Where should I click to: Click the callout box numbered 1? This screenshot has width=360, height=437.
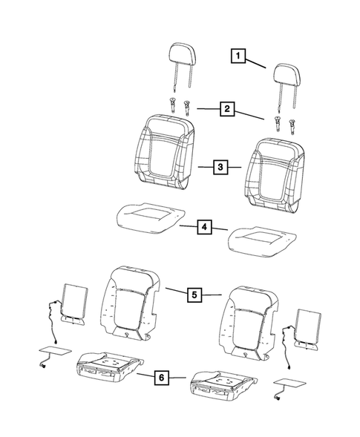(238, 56)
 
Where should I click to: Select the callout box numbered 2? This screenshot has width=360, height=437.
(227, 109)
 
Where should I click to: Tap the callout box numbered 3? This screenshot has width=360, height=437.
(220, 167)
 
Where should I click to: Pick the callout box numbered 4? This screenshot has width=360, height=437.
(204, 227)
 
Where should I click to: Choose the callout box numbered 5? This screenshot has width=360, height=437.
(194, 295)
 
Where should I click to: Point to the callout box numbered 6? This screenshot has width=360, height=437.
(162, 378)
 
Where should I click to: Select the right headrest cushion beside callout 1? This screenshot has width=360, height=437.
(287, 74)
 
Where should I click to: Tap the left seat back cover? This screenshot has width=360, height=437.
(163, 152)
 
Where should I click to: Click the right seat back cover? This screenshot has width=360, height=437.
(274, 176)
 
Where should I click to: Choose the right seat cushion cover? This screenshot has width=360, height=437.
(262, 242)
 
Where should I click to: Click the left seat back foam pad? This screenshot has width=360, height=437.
(130, 303)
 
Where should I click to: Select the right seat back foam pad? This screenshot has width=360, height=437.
(248, 323)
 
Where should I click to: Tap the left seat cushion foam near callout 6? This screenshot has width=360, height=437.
(110, 366)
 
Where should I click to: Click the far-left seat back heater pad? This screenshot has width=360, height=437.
(75, 303)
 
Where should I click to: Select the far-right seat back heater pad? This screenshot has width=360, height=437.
(308, 329)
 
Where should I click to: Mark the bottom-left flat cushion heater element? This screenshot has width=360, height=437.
(55, 351)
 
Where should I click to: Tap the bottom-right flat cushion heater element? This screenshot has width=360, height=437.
(290, 384)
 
